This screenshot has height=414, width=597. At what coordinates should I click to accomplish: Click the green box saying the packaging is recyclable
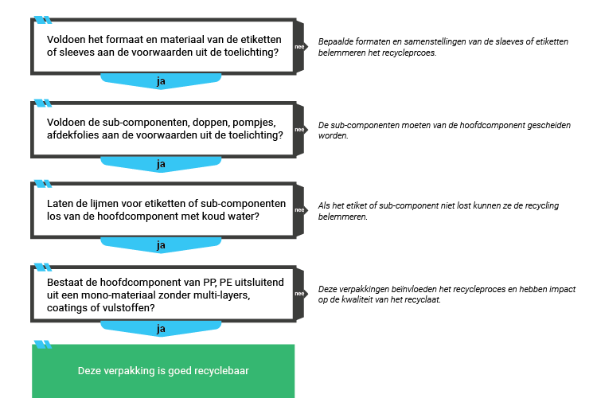coord(163,371)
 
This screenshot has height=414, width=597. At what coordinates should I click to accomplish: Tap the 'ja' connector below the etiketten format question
coord(161,81)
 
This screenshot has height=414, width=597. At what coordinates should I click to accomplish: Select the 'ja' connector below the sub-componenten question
coord(161,164)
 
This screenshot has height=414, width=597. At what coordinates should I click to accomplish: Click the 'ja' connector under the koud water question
coord(161,245)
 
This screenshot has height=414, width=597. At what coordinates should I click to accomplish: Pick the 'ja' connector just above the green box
coord(161,328)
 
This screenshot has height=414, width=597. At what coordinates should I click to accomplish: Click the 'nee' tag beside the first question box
coord(299,47)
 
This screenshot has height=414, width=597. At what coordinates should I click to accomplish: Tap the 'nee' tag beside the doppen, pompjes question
coord(299,129)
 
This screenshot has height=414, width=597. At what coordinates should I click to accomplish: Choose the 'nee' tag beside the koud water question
coord(299,210)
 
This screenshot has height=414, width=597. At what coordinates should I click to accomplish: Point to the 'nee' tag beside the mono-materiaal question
coord(299,294)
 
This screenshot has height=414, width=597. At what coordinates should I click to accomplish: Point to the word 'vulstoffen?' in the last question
coord(129,307)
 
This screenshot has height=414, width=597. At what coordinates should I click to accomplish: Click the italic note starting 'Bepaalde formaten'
coord(443,46)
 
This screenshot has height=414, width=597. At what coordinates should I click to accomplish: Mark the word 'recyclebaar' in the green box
coord(222,371)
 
